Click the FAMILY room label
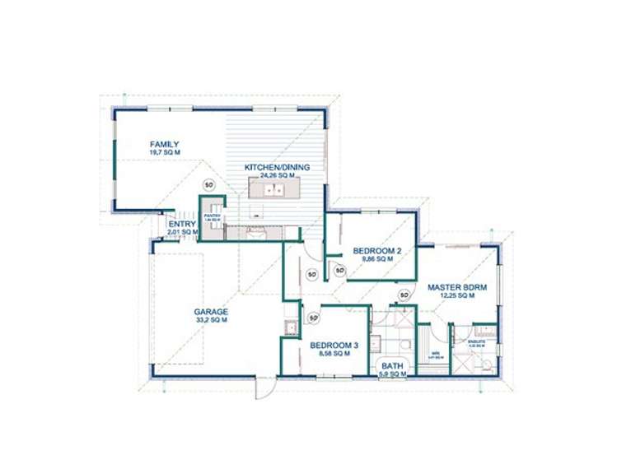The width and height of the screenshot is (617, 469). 165,144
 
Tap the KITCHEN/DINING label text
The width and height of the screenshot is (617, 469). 277,168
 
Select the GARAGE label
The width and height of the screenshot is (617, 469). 211,312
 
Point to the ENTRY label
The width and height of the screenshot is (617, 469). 182,224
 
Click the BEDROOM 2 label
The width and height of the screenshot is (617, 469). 376,250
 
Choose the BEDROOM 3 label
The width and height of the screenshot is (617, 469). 334,346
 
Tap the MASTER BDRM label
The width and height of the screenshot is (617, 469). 457,287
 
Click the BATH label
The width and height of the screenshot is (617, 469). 392,365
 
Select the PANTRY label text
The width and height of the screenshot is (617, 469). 212,216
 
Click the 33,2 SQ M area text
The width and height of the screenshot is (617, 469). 211,321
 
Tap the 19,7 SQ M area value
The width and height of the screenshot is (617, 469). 165,152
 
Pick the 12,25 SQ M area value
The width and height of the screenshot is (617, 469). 457,295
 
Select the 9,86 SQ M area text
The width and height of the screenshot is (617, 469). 376,258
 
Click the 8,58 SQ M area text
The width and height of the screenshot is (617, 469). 334,354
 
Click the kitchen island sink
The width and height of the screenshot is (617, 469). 273,190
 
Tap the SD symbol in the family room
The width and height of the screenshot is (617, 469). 208,184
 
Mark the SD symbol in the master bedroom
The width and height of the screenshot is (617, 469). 404,295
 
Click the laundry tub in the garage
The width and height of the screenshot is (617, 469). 290,328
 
